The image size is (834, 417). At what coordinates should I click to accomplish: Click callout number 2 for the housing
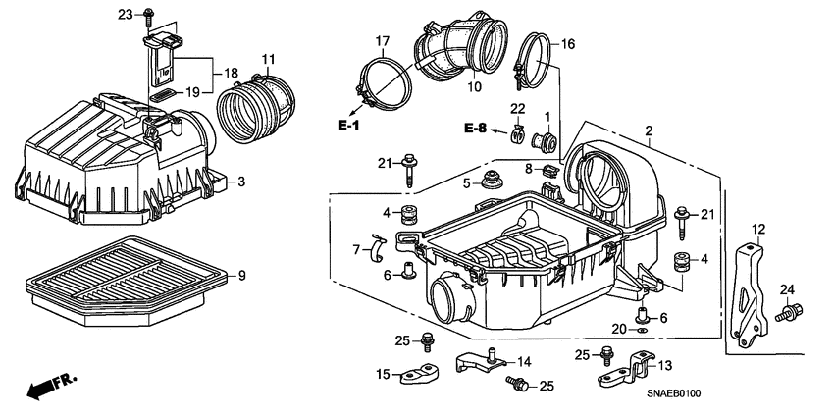649,131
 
